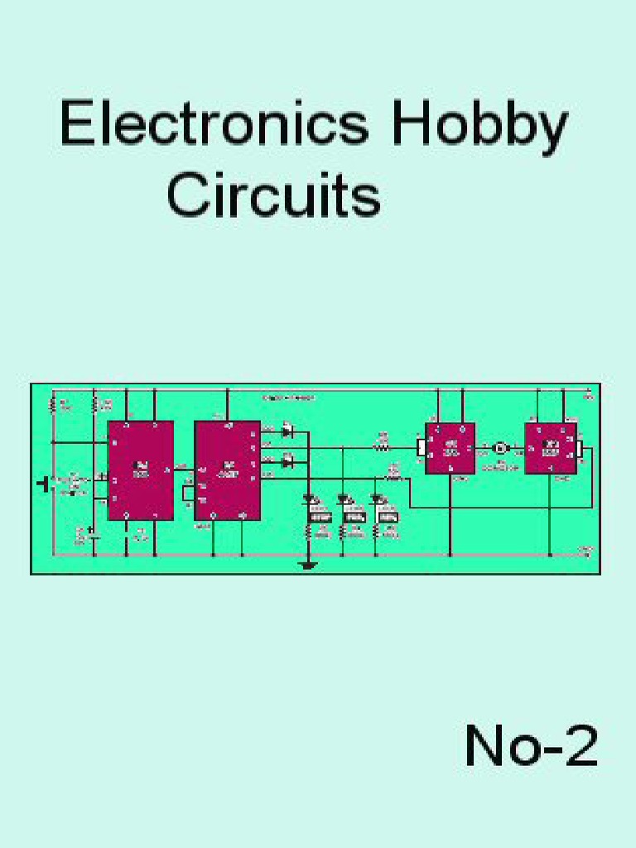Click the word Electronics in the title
coord(214,126)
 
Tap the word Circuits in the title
coord(274,196)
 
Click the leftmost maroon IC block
coord(141,470)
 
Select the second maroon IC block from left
coord(228,470)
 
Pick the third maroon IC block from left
coord(450,448)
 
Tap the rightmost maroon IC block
coord(550,448)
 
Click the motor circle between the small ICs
coord(500,448)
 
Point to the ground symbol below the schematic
coord(308,566)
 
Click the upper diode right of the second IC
coord(288,431)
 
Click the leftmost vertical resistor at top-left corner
coord(53,405)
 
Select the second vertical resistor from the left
coord(94,405)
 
